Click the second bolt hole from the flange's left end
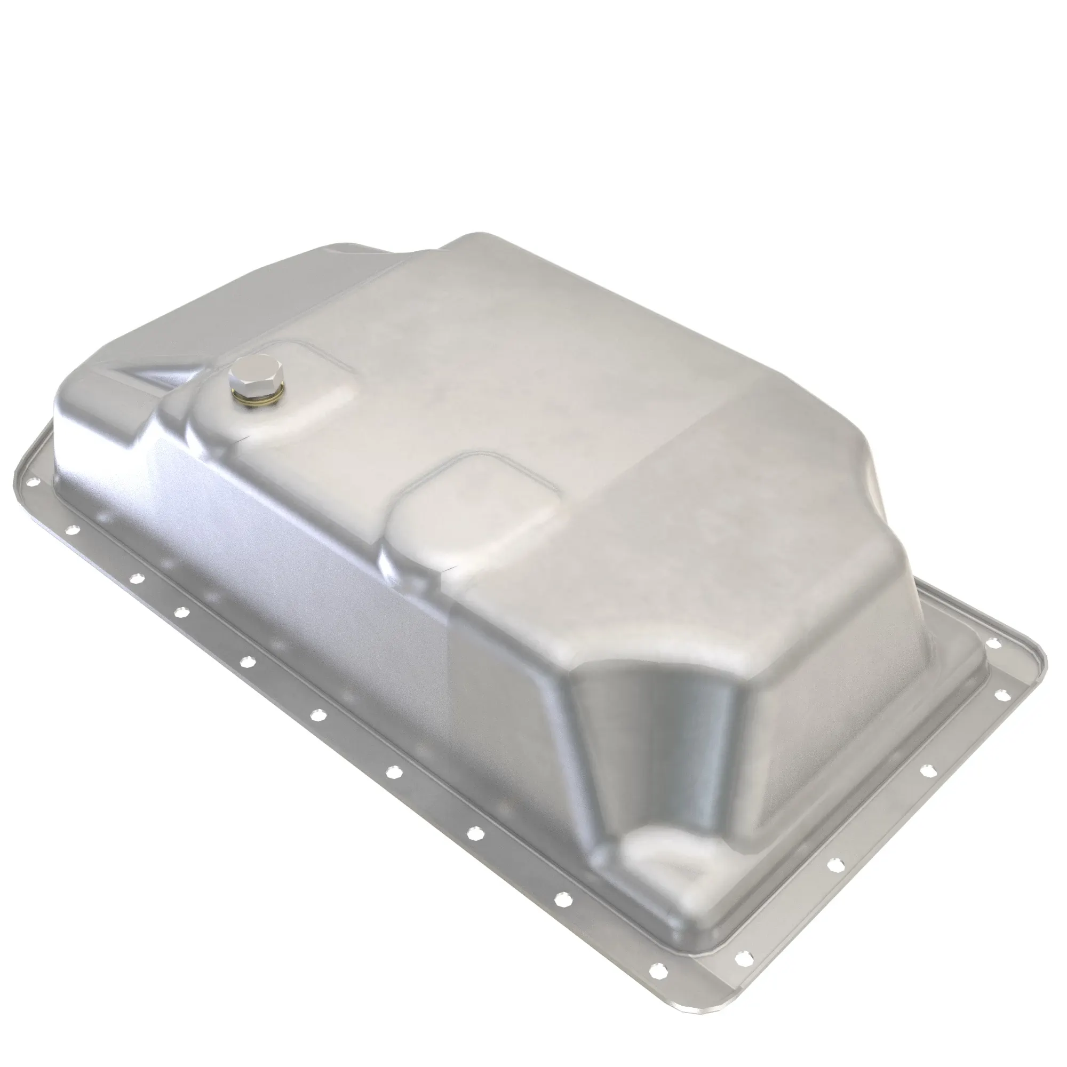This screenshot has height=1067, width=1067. coord(71,530)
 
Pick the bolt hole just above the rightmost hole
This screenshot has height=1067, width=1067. coord(993,643)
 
